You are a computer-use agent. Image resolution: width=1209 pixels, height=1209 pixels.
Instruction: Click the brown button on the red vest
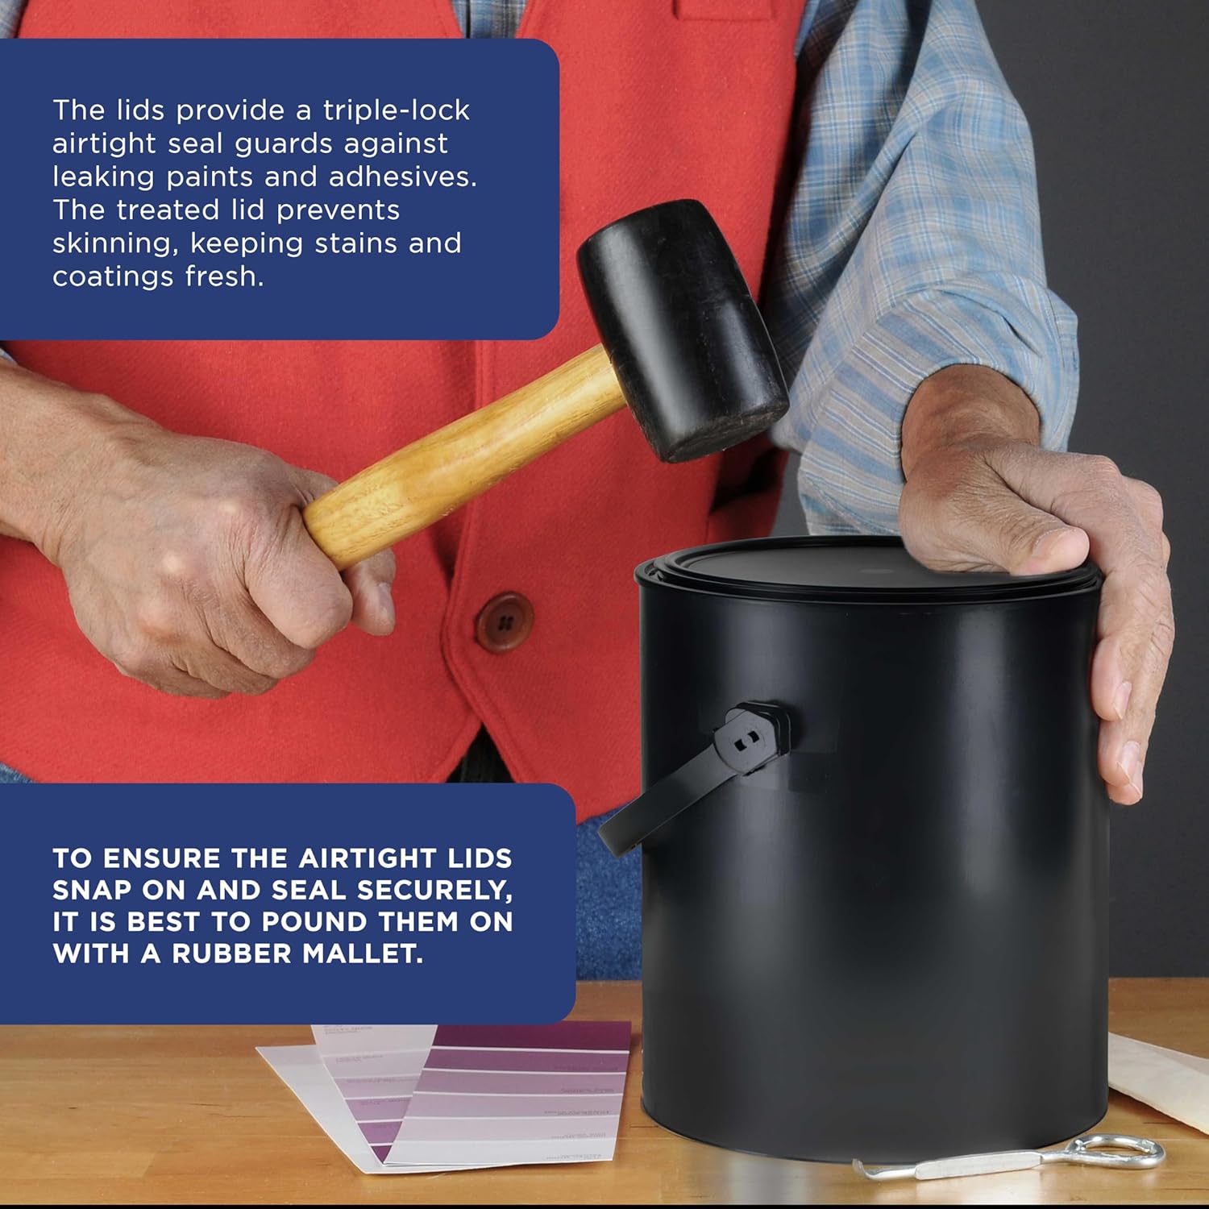[504, 622]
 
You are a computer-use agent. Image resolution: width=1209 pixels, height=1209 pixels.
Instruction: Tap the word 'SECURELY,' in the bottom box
[434, 890]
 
